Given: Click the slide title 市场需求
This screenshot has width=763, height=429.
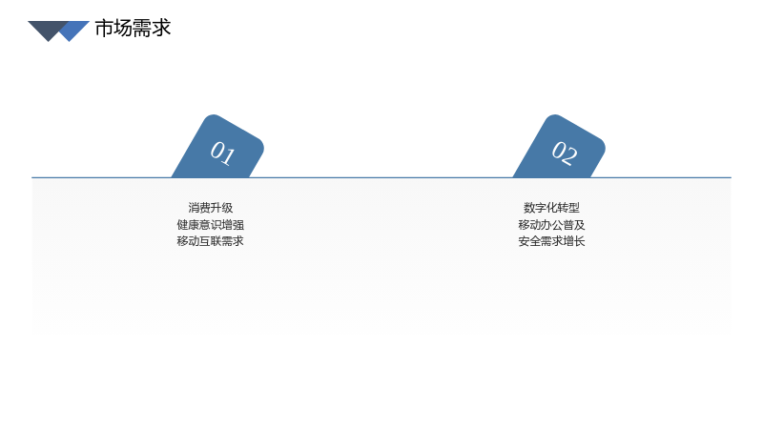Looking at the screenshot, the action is [x=133, y=29].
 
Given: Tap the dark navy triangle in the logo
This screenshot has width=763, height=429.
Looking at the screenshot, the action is [x=48, y=30].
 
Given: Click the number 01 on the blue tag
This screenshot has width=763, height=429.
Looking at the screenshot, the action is [x=223, y=153].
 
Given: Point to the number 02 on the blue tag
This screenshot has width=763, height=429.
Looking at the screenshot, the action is [x=565, y=153].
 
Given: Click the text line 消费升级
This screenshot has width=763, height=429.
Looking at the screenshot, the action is [x=210, y=208].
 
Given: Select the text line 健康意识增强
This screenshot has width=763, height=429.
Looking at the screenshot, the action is [x=210, y=225].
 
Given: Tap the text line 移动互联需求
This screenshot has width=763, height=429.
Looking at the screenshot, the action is [x=210, y=241].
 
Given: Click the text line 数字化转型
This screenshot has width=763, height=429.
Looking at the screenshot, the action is [x=552, y=208].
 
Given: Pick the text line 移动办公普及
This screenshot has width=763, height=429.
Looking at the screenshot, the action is [x=552, y=225].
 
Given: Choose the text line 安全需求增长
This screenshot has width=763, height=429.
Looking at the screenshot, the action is [x=552, y=241].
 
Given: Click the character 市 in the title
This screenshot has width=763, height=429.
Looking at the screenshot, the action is [x=104, y=29].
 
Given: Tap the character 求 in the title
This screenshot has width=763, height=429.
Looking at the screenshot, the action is [x=161, y=29].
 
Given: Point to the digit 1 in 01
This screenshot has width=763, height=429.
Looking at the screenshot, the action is [x=229, y=156].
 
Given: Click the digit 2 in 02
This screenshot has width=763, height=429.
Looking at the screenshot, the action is [x=570, y=156].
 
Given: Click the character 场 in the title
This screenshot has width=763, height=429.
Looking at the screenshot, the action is [x=123, y=29].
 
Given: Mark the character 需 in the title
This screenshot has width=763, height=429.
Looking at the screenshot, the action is [x=142, y=29].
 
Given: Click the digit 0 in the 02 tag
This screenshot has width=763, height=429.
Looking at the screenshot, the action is [x=558, y=150].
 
